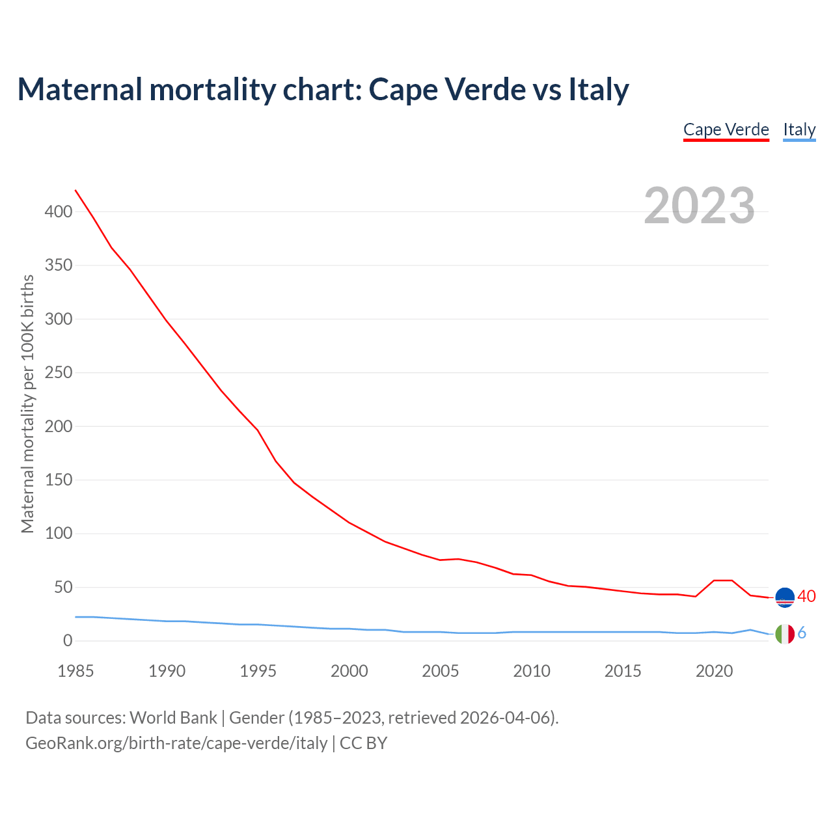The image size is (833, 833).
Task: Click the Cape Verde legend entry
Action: [x=726, y=130]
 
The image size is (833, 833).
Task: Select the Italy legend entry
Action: [x=799, y=130]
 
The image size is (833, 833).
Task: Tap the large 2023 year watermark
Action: [x=700, y=206]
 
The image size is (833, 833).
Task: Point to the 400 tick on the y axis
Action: [x=59, y=212]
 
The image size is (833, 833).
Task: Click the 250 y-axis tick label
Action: [x=59, y=373]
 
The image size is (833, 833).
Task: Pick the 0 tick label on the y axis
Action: [x=68, y=641]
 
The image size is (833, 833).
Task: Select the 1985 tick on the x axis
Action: [x=75, y=671]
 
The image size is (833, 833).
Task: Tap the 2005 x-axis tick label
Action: [x=441, y=671]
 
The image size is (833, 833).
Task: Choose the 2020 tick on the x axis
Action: [x=714, y=671]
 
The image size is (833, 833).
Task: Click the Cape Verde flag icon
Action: [x=785, y=597]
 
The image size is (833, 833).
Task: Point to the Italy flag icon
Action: [x=785, y=634]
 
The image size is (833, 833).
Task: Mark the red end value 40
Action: [x=806, y=596]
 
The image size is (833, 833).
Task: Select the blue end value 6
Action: [x=802, y=633]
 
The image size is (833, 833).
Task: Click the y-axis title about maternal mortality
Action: [x=27, y=403]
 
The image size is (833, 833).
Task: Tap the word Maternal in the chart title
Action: [x=79, y=89]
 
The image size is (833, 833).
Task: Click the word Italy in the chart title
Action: [x=599, y=89]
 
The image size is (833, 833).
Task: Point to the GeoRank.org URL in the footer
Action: [x=176, y=743]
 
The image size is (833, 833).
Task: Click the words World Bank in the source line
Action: [x=173, y=718]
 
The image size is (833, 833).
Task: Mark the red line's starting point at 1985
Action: [x=75, y=190]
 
